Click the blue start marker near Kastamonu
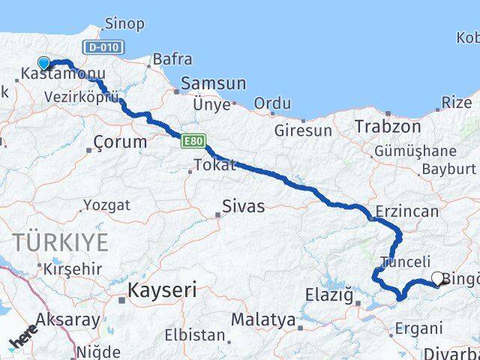click(x=43, y=64)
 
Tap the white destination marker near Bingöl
click(x=437, y=278)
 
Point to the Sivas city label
click(x=243, y=206)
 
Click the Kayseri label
click(x=162, y=289)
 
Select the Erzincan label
click(x=407, y=211)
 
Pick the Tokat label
click(x=214, y=165)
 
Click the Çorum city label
click(x=120, y=142)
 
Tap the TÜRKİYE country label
click(x=60, y=242)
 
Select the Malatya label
click(x=262, y=320)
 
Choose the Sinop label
click(x=124, y=24)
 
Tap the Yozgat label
click(x=106, y=205)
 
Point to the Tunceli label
click(x=406, y=262)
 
